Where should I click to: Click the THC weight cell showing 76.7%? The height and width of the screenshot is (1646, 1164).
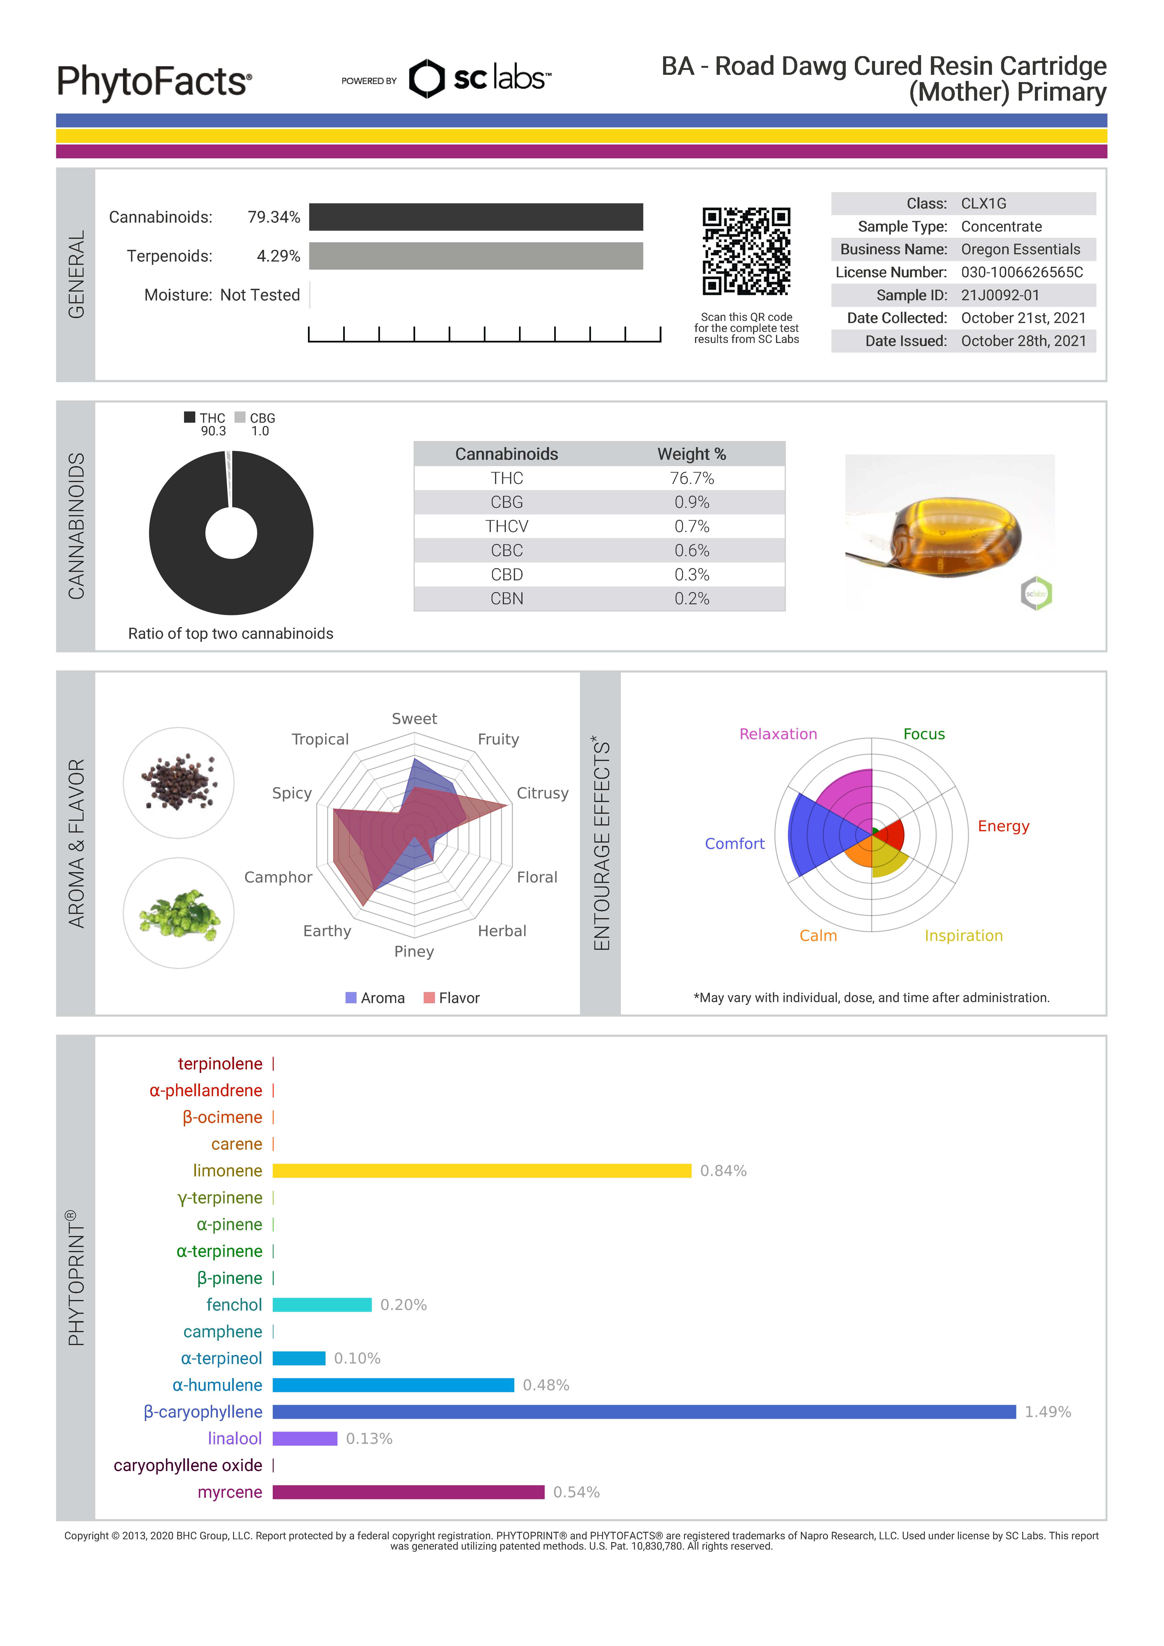[691, 478]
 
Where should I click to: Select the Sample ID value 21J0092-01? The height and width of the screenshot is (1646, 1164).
[1000, 295]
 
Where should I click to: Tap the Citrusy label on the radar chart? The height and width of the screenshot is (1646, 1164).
[542, 793]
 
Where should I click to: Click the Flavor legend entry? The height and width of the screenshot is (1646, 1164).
[452, 998]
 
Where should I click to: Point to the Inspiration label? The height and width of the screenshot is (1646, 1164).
[963, 935]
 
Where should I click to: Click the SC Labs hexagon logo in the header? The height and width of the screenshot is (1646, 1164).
[427, 79]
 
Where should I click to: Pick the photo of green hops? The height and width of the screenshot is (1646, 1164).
[179, 913]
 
